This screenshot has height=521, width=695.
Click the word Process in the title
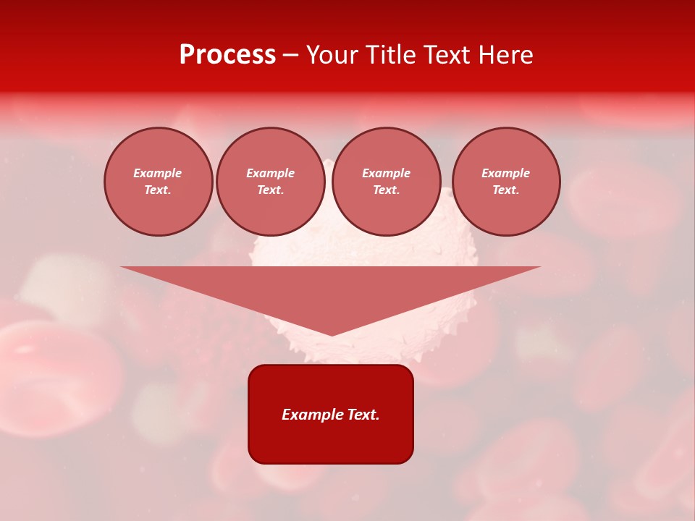(227, 55)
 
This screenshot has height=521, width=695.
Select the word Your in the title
(331, 55)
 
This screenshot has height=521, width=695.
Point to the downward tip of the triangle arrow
(332, 334)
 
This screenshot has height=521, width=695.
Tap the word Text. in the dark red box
(362, 415)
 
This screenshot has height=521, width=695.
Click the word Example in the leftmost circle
(158, 173)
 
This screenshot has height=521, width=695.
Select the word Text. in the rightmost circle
(505, 190)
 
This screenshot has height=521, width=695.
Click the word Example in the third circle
(386, 173)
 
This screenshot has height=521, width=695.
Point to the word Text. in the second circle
(270, 190)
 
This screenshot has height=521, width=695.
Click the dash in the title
(290, 55)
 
